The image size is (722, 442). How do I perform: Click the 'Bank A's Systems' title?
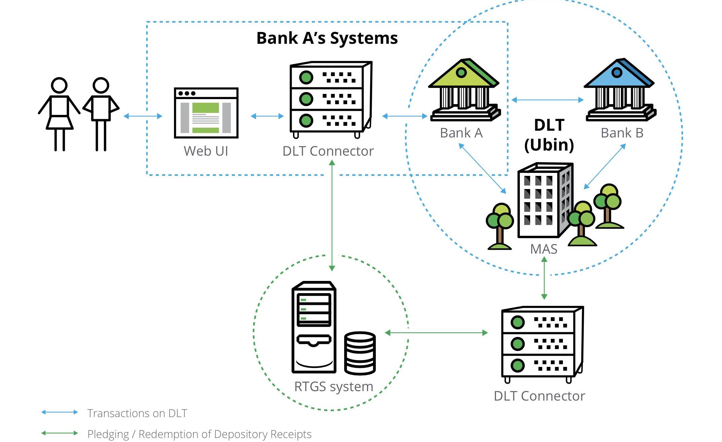(x=327, y=38)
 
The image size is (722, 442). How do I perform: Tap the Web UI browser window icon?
(x=206, y=113)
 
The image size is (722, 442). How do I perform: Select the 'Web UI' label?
(x=206, y=151)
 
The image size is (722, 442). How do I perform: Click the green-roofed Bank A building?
(x=464, y=90)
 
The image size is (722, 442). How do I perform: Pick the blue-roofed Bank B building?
(x=620, y=90)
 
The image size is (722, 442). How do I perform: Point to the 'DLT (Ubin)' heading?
(x=549, y=135)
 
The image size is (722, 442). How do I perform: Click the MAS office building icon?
(x=544, y=200)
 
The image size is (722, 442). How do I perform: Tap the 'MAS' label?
(x=544, y=249)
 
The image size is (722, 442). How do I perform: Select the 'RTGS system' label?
(x=334, y=386)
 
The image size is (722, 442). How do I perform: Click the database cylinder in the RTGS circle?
(x=360, y=353)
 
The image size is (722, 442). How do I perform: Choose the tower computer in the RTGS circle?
(x=314, y=327)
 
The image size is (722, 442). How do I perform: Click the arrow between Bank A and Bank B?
(x=547, y=100)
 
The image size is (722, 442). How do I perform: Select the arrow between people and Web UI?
(x=143, y=116)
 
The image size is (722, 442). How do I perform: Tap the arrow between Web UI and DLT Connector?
(x=267, y=116)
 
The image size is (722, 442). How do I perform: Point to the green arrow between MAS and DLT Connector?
(x=544, y=278)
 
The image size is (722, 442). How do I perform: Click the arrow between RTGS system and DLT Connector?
(x=436, y=333)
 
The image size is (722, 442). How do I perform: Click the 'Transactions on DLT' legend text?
(x=137, y=413)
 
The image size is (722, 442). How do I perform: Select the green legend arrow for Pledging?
(x=60, y=433)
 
